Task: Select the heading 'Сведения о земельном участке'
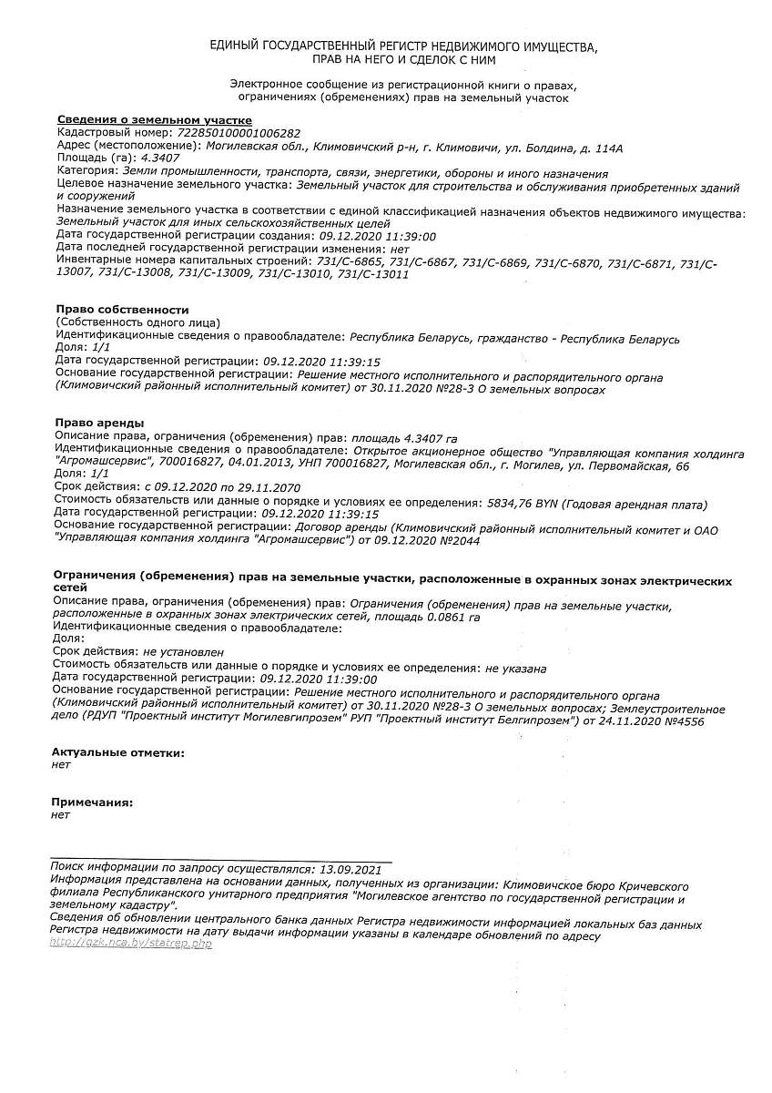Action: pos(154,120)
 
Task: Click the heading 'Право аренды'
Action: pos(99,423)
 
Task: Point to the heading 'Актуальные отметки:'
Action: pos(117,753)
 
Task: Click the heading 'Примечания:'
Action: pos(92,802)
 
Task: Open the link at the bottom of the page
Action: pos(131,944)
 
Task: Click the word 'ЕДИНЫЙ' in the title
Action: pos(234,46)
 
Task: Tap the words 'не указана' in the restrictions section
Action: pos(515,667)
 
